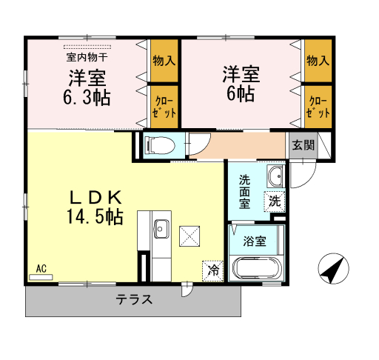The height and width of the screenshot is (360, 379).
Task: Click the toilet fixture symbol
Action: [160, 145]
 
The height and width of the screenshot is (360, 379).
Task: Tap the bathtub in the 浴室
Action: [257, 268]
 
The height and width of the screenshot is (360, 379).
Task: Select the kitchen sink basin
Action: [161, 229]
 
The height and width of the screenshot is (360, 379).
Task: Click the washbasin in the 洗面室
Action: [276, 176]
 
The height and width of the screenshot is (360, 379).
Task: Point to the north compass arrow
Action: [334, 268]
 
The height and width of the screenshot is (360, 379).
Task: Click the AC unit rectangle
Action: [41, 277]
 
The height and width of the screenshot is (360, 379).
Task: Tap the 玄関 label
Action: [303, 145]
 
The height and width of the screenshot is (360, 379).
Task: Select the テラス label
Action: [134, 299]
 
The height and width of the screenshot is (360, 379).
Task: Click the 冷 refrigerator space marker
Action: [212, 271]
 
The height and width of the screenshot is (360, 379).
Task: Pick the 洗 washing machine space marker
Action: [275, 201]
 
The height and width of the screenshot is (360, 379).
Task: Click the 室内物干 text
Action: [87, 57]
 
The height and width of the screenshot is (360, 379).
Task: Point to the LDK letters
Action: [95, 198]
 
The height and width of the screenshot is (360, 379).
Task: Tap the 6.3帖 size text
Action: [87, 98]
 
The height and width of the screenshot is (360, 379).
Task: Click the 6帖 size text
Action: [241, 93]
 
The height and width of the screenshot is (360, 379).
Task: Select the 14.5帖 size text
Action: [95, 216]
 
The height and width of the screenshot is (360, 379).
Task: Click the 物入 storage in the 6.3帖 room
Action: [164, 61]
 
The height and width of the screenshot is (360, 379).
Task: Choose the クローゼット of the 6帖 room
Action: [318, 107]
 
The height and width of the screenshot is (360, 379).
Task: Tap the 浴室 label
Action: [255, 241]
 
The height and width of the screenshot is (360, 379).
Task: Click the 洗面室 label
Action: [244, 192]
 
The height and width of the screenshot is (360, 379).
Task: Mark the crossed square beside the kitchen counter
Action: [189, 236]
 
